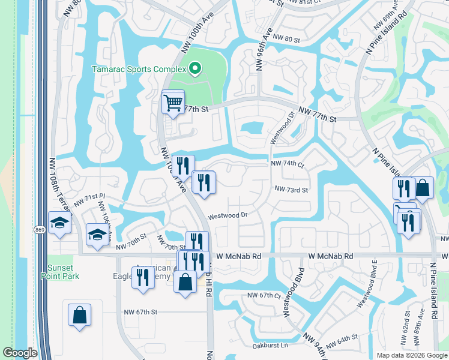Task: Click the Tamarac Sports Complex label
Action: click(137, 69)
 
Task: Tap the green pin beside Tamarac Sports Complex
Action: click(194, 69)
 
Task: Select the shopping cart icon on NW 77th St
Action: click(173, 103)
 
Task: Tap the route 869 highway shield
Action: click(40, 230)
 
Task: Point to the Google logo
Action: click(20, 353)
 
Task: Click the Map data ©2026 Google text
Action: click(411, 355)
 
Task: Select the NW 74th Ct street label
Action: click(288, 163)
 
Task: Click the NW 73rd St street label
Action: click(291, 190)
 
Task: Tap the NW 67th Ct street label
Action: click(264, 296)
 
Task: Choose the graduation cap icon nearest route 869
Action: click(60, 223)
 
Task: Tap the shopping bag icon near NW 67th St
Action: click(80, 314)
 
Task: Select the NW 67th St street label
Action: click(140, 312)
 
